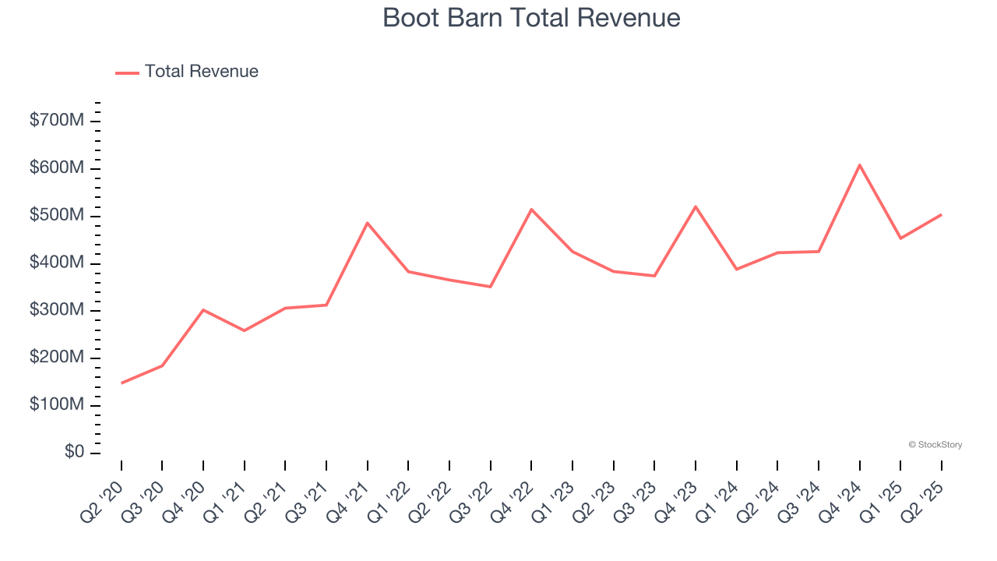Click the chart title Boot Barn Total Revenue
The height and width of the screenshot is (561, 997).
pos(531,18)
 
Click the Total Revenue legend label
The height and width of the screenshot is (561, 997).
pos(201,72)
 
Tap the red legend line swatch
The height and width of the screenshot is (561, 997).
pos(127,72)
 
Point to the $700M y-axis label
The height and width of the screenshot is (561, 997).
pos(57,121)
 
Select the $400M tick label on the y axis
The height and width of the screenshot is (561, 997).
pos(57,263)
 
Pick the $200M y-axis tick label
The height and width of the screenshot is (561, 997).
pos(57,358)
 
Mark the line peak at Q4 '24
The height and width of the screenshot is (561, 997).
pos(860,165)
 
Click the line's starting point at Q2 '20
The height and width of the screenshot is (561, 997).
pos(122,383)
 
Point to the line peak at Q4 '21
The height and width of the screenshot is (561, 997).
pos(368,223)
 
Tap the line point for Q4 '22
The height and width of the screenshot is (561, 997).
pos(531,209)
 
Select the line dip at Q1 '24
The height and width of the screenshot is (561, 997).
pos(737,270)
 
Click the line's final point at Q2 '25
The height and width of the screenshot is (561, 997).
pos(942,214)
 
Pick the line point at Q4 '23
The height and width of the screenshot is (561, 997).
pos(696,206)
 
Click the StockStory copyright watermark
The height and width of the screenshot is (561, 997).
pos(935,445)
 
